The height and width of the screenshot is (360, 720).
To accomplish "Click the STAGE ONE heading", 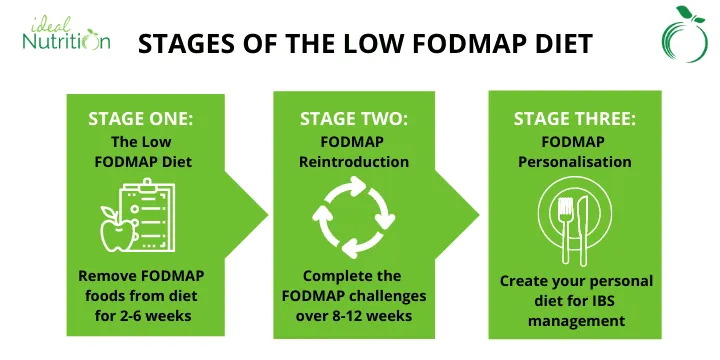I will pos(141,119).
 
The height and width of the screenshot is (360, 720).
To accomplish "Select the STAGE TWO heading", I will pos(354,119).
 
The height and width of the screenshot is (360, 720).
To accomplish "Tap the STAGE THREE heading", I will pos(575,119).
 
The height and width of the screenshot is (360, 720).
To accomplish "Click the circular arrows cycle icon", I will pos(354,214).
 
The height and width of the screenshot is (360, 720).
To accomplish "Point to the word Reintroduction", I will pos(354,161).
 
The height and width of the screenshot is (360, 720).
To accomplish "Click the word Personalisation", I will pos(575,161).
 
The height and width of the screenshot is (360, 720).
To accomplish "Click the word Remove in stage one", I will pos(106,275).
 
